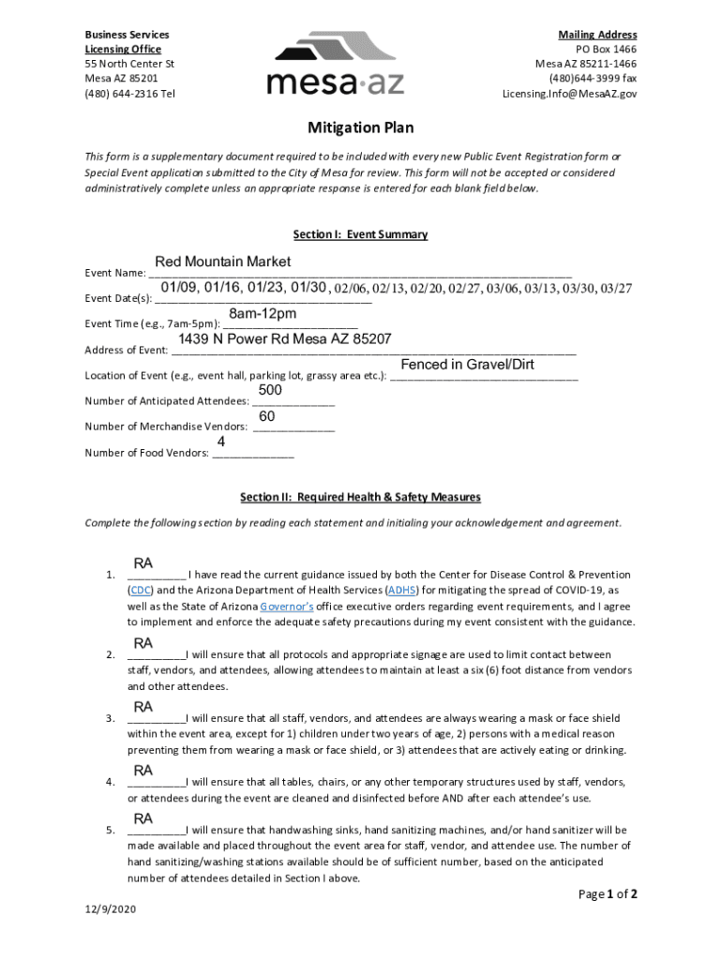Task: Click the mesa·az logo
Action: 335,64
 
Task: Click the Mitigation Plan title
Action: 361,127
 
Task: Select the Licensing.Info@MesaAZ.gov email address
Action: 569,94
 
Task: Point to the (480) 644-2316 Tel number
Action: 129,94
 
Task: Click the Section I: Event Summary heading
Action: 360,234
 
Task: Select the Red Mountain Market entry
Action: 223,262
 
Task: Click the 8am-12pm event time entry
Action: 263,313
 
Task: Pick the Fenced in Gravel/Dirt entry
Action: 467,364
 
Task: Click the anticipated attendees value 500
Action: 270,390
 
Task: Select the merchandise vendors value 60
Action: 267,415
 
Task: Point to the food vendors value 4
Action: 221,441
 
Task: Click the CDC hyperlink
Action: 140,591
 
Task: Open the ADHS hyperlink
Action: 402,591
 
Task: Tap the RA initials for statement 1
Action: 143,563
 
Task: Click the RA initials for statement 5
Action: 143,818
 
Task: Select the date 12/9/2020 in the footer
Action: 111,910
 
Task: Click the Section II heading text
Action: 360,497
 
